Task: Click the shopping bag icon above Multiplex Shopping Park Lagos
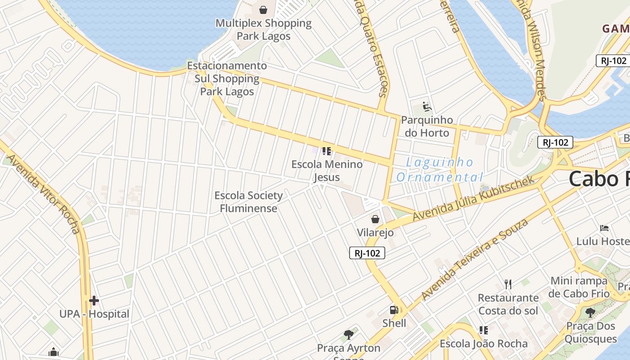pos(263,9)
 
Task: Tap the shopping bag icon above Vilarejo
pos(375,219)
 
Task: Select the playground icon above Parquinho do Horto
pos(427,107)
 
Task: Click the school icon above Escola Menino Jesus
pos(327,151)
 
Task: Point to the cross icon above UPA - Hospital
pos(94,300)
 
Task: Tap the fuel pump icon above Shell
pos(394,310)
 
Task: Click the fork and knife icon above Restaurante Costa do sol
pos(508,284)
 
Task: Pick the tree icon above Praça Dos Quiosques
pos(590,312)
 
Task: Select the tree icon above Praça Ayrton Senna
pos(348,334)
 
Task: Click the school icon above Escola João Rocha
pos(484,330)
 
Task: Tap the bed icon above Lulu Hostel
pos(604,228)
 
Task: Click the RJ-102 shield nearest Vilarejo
pos(367,253)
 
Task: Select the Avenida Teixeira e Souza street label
pos(474,259)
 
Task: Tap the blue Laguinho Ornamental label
pos(440,170)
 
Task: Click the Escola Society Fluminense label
pos(248,202)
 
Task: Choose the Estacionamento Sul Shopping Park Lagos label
pos(227,79)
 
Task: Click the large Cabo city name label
pos(598,179)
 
